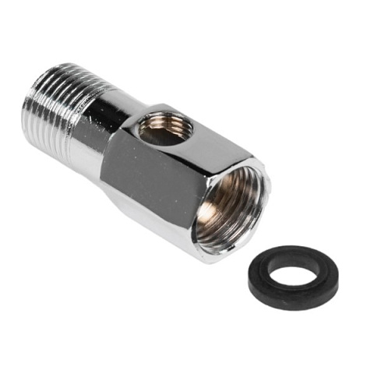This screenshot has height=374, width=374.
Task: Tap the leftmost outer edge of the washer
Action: [x=249, y=284]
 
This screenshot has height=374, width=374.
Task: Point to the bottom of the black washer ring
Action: [x=288, y=306]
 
